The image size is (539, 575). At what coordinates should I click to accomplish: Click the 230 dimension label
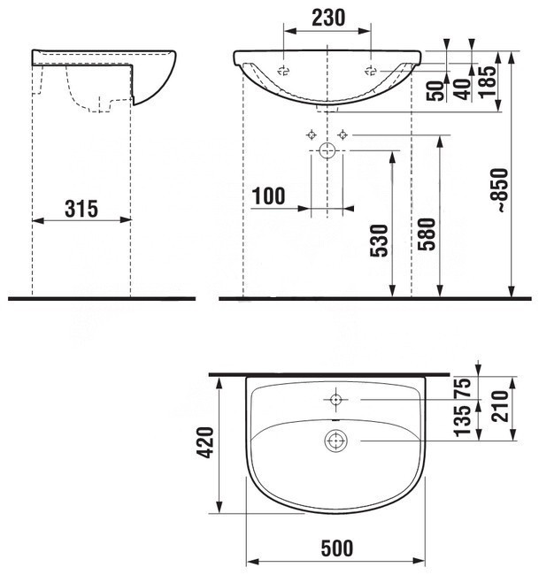click(328, 18)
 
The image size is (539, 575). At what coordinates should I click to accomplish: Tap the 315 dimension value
click(81, 209)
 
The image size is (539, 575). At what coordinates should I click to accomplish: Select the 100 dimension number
click(268, 195)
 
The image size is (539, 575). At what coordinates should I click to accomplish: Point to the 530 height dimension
click(379, 241)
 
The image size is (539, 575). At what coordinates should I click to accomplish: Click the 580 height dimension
click(427, 234)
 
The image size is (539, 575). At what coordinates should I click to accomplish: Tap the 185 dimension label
click(488, 81)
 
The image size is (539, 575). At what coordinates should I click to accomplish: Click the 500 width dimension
click(337, 548)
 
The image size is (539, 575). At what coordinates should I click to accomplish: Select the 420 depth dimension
click(204, 442)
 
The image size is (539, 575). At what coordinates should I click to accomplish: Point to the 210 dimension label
click(500, 406)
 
